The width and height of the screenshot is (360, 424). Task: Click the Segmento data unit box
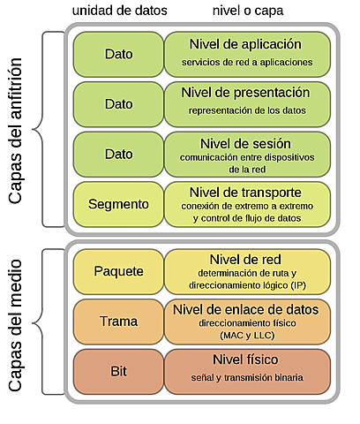(117, 204)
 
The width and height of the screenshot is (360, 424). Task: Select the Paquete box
(117, 269)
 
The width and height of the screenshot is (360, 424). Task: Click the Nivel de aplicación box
(246, 53)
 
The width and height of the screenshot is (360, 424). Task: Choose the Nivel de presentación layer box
(246, 102)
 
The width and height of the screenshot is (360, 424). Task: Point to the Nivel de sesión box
(246, 153)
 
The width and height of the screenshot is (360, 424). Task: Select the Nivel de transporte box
(246, 204)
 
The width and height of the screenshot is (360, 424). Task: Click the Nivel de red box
(246, 269)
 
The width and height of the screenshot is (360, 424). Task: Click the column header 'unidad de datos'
(118, 10)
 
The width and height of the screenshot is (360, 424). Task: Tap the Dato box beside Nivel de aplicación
(117, 53)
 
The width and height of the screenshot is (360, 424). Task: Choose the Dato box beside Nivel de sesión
(117, 153)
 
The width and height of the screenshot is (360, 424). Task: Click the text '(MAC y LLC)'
(246, 337)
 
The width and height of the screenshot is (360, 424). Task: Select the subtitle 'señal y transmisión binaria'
(246, 378)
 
